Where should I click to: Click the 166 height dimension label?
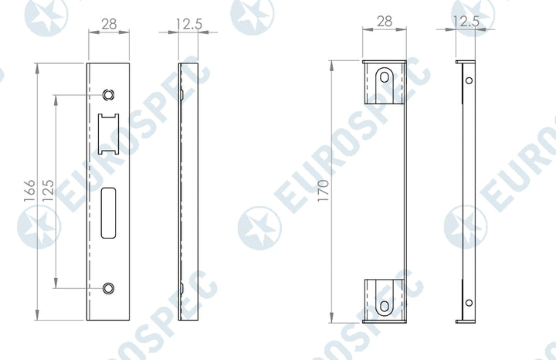[29, 191]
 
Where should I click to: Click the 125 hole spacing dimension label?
[48, 191]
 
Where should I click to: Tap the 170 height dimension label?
[323, 191]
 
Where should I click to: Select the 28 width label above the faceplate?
[109, 24]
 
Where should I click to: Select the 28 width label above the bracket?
[385, 22]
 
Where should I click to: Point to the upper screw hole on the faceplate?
[108, 95]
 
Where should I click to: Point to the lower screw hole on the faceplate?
[108, 288]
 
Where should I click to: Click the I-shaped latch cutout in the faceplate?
[108, 134]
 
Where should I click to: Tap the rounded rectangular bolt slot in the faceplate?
[108, 212]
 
